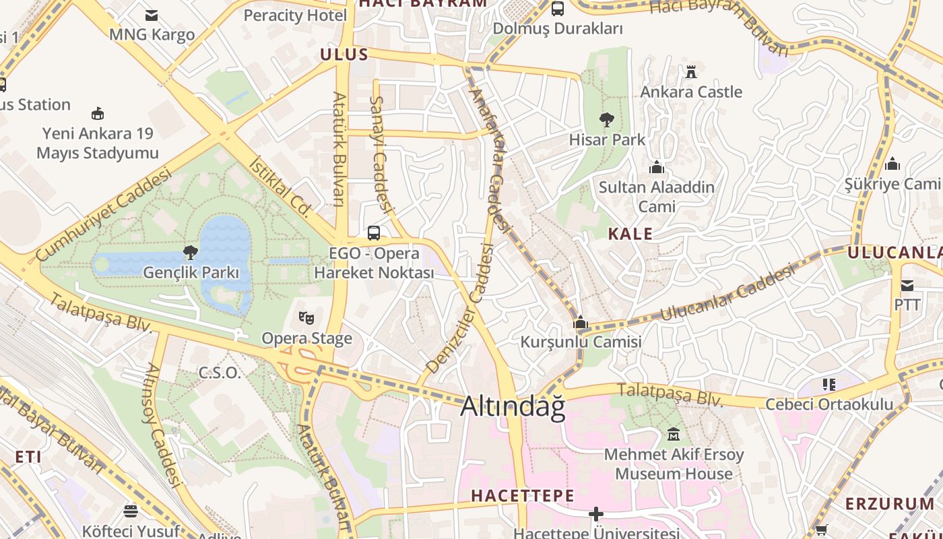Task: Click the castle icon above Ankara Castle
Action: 690,71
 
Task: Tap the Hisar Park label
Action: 607,139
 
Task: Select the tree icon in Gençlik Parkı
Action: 191,253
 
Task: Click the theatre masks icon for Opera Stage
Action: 306,317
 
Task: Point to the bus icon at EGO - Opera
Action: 374,233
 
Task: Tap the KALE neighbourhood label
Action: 630,234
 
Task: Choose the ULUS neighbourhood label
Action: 344,55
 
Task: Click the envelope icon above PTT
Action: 907,285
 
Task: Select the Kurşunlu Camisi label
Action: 581,342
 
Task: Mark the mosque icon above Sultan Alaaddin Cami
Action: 656,167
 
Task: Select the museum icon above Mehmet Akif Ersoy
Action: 673,435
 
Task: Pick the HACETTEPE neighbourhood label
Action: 522,496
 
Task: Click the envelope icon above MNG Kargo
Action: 152,15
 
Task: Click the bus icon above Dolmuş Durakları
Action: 558,9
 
